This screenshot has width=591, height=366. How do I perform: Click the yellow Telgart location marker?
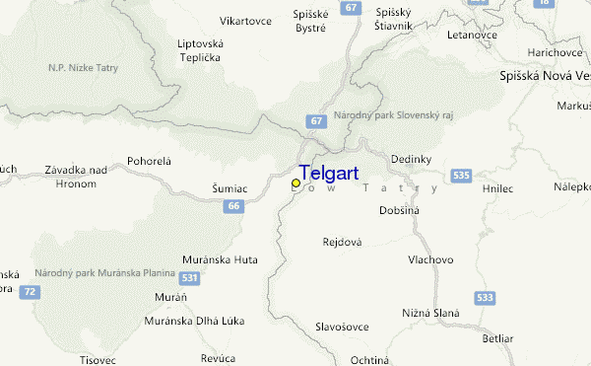point(295,183)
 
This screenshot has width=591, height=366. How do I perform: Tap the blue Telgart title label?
point(328,172)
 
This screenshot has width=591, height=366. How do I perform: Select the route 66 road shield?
point(232,206)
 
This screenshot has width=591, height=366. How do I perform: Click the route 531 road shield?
point(189,279)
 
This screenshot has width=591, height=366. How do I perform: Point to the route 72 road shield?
point(32,292)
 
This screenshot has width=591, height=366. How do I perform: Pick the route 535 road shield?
point(459,175)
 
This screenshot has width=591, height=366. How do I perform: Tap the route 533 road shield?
point(484,296)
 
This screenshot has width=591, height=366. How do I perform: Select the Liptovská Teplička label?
point(200,50)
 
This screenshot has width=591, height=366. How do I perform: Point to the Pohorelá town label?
point(149,160)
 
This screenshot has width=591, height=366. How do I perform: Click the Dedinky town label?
point(412,158)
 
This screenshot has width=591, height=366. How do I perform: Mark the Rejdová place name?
point(343,241)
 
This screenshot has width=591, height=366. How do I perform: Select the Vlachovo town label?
point(430,259)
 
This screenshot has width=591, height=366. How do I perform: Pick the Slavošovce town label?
point(342,327)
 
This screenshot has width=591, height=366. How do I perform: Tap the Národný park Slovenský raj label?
point(393,115)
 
